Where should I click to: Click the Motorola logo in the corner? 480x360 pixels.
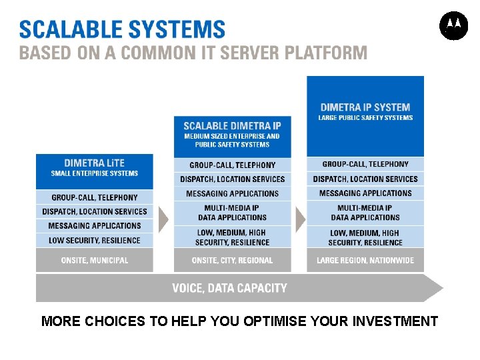click(x=453, y=26)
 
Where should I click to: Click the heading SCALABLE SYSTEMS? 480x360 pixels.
click(x=122, y=29)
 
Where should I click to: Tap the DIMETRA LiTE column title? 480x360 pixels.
click(x=94, y=163)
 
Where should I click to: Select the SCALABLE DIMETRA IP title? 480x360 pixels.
click(x=232, y=125)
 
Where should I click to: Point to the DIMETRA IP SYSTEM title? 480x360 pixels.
click(x=365, y=107)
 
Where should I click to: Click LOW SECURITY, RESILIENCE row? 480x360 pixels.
click(x=94, y=240)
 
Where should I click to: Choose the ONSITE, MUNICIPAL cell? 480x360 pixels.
click(x=94, y=260)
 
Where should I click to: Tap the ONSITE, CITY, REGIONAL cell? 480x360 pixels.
click(x=232, y=260)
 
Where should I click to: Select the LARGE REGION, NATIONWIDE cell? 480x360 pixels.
click(x=365, y=260)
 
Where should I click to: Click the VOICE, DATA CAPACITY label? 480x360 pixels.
click(x=229, y=288)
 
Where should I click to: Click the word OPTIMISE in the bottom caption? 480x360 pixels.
click(x=275, y=321)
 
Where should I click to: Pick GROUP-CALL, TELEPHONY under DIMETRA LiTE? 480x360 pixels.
click(x=94, y=197)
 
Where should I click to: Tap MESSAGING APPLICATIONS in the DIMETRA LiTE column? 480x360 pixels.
click(x=94, y=226)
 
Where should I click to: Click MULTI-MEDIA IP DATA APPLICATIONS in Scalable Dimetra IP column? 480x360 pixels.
click(x=232, y=213)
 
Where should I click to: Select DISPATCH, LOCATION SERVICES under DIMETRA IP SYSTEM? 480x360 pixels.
click(x=365, y=179)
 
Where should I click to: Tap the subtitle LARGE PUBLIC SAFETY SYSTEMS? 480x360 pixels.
click(x=365, y=118)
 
